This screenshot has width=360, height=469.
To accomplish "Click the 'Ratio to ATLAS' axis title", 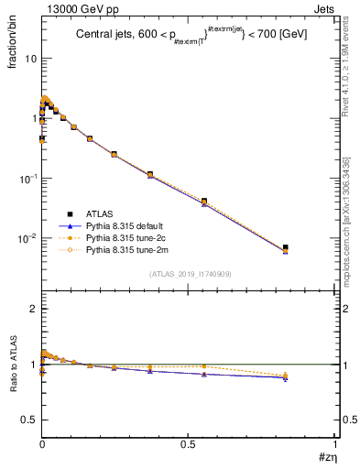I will click(12, 364).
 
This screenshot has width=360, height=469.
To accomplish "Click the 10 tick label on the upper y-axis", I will click(30, 59).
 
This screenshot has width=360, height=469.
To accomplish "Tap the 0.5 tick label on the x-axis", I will click(188, 443).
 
